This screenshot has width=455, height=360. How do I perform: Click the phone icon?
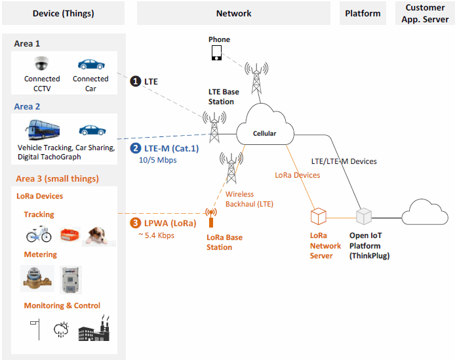pyautogui.click(x=216, y=53)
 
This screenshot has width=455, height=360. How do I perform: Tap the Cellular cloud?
pyautogui.click(x=265, y=125)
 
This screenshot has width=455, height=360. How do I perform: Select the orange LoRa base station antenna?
pyautogui.click(x=211, y=218)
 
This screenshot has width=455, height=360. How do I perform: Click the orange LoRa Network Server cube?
pyautogui.click(x=319, y=216)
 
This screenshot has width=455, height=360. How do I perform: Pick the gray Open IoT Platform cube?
pyautogui.click(x=364, y=216)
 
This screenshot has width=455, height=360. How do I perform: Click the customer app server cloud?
pyautogui.click(x=425, y=212)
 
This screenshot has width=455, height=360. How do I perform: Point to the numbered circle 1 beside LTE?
pyautogui.click(x=136, y=81)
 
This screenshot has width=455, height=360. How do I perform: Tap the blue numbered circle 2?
pyautogui.click(x=136, y=148)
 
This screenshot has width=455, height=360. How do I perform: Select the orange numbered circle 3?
pyautogui.click(x=135, y=223)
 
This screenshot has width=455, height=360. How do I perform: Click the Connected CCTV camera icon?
pyautogui.click(x=42, y=64)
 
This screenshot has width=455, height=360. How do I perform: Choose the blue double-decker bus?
pyautogui.click(x=43, y=129)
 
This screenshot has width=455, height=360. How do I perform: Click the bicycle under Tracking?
pyautogui.click(x=39, y=233)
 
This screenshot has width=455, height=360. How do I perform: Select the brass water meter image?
pyautogui.click(x=37, y=278)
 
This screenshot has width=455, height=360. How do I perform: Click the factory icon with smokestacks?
pyautogui.click(x=94, y=328)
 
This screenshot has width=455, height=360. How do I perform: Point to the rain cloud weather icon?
pyautogui.click(x=61, y=330)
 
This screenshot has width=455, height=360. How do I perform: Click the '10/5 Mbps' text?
pyautogui.click(x=157, y=160)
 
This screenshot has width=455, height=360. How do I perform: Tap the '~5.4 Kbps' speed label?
pyautogui.click(x=157, y=235)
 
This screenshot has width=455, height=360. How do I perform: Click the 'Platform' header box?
pyautogui.click(x=363, y=13)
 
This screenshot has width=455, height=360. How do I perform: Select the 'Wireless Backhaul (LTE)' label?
pyautogui.click(x=249, y=199)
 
